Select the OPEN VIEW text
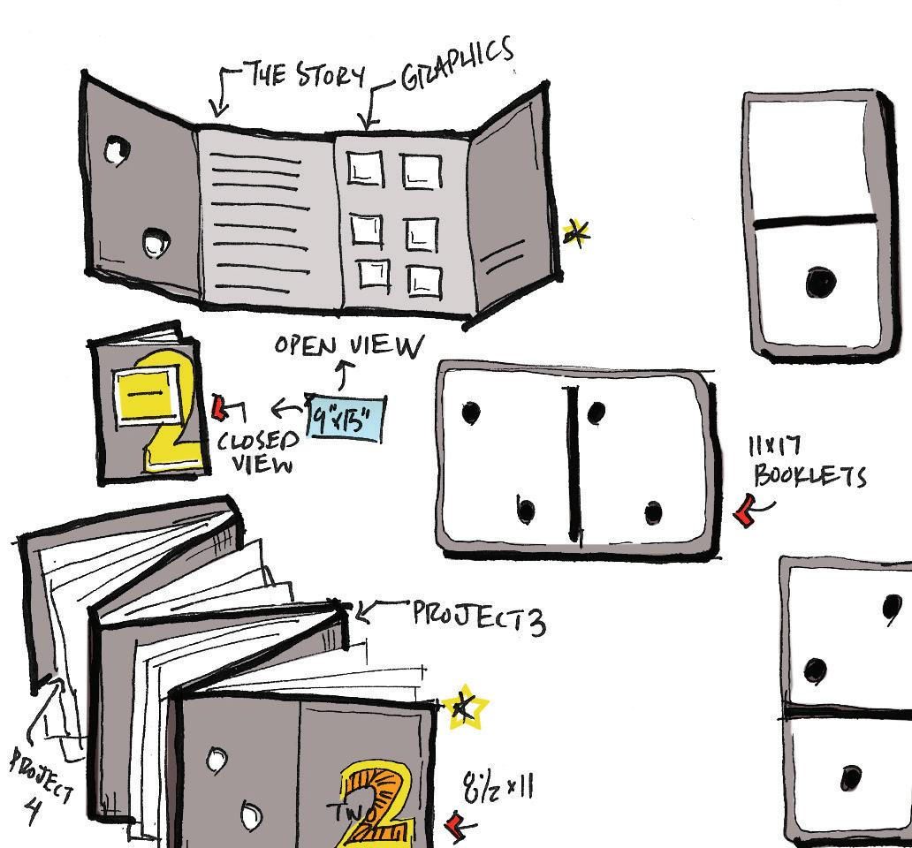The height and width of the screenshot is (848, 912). tap(348, 344)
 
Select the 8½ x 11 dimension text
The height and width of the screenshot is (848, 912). tap(498, 786)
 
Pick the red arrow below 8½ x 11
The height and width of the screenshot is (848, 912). tap(457, 826)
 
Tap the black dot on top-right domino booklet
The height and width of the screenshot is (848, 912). tap(820, 284)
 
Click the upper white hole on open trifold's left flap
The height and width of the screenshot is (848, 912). tap(116, 150)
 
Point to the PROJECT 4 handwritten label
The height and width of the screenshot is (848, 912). tap(41, 783)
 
